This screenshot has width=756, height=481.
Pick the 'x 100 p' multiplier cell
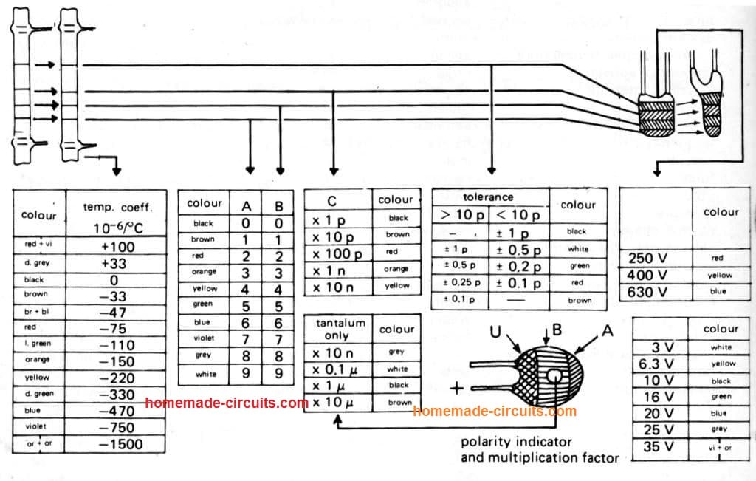(x=337, y=253)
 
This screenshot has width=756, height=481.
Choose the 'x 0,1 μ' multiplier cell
(x=337, y=368)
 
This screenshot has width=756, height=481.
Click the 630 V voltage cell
(x=647, y=292)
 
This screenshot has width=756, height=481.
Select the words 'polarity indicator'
(x=516, y=443)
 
